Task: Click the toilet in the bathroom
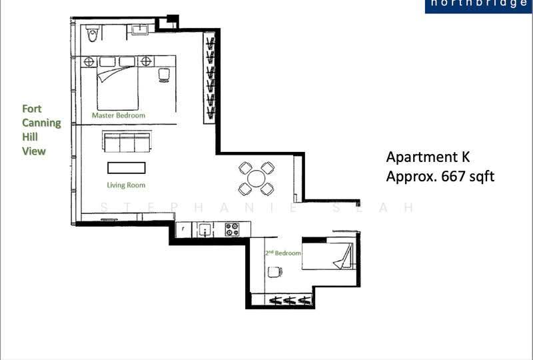92,33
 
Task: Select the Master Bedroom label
119,115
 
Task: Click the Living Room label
126,185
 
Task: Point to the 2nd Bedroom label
282,253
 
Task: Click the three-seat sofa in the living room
127,142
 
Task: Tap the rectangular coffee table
127,168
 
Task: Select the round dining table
257,179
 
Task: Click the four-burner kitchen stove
233,229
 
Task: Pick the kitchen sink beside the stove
206,229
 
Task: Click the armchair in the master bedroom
164,75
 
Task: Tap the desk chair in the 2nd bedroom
274,272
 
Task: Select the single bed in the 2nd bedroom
328,256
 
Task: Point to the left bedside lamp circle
89,61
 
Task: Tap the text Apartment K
428,157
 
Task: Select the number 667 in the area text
452,176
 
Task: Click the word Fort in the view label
31,109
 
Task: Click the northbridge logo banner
478,6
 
